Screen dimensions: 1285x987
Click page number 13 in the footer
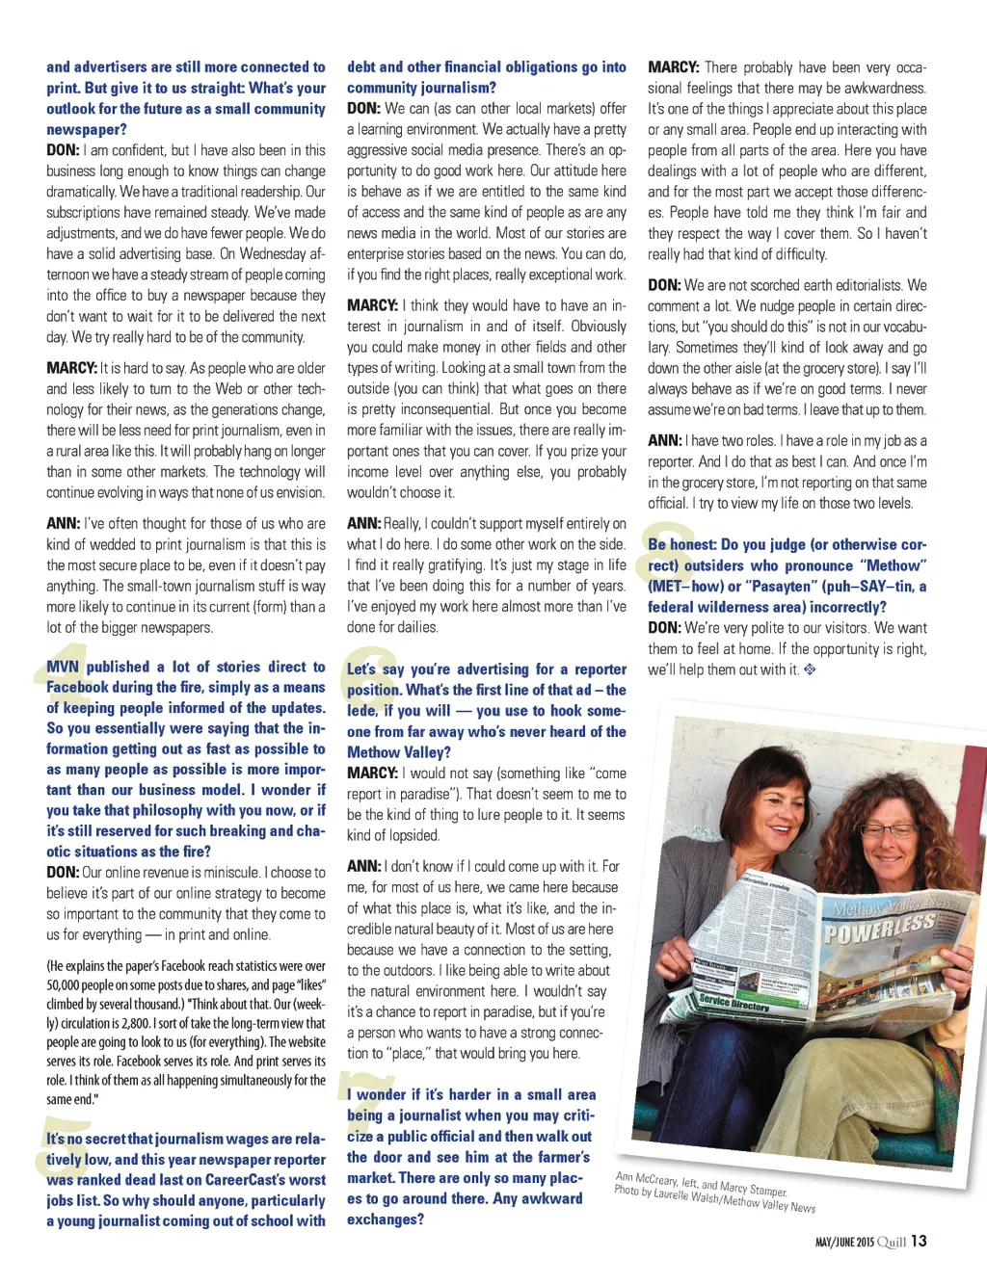coord(919,1241)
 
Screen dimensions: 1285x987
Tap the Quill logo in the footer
coord(892,1242)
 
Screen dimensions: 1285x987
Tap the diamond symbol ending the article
coord(810,669)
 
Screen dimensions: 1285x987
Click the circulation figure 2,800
coord(139,1023)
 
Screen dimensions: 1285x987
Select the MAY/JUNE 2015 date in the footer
coord(844,1243)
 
